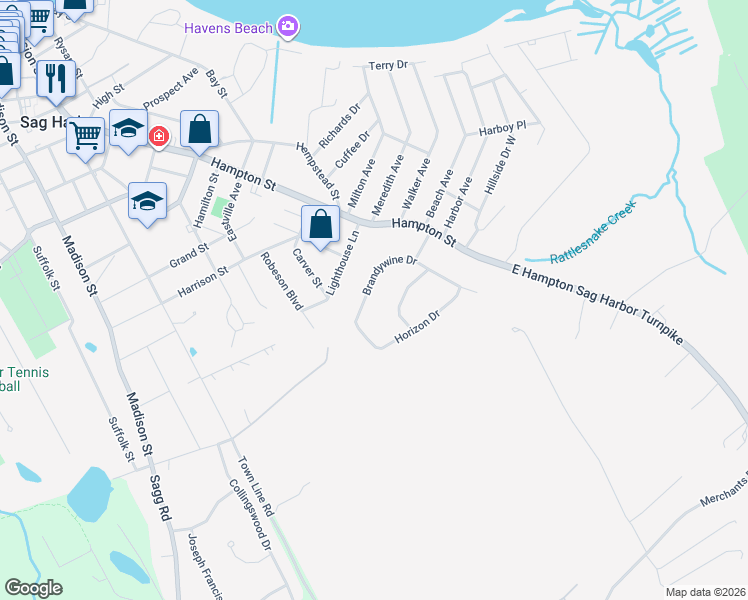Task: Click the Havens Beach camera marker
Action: pos(288,28)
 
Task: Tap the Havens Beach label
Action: pos(228,28)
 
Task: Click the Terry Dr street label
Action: pos(389,65)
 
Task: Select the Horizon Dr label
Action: pos(417,327)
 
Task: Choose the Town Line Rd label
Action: pos(254,487)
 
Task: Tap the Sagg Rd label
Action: pos(159,499)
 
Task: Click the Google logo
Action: pos(34,588)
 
